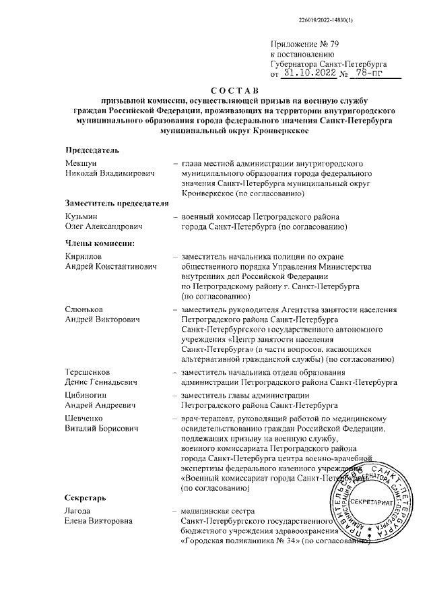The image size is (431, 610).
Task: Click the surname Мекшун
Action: pos(81,164)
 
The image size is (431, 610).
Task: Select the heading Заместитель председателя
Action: pos(115,204)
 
